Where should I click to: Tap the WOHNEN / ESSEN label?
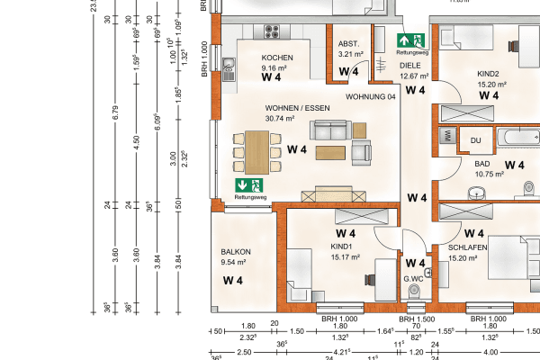tap(284, 107)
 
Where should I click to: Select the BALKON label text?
tap(235, 252)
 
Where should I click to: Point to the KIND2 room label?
tap(489, 74)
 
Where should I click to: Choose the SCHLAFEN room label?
tap(468, 247)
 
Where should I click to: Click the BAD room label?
tap(482, 164)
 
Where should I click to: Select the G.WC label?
tap(413, 279)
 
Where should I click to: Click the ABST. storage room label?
tap(348, 44)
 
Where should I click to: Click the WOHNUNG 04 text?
tap(371, 97)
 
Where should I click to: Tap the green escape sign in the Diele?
tap(411, 41)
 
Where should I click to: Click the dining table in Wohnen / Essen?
tap(257, 151)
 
